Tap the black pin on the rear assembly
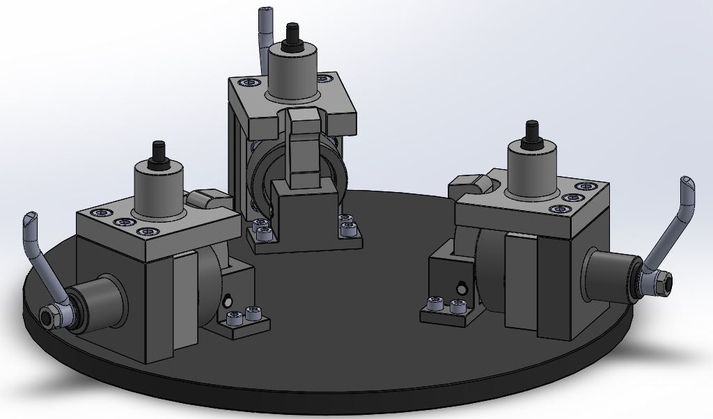point(292,33)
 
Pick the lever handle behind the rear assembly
point(264,35)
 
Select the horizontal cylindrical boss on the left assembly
point(97,304)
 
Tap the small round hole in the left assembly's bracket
point(227,301)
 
